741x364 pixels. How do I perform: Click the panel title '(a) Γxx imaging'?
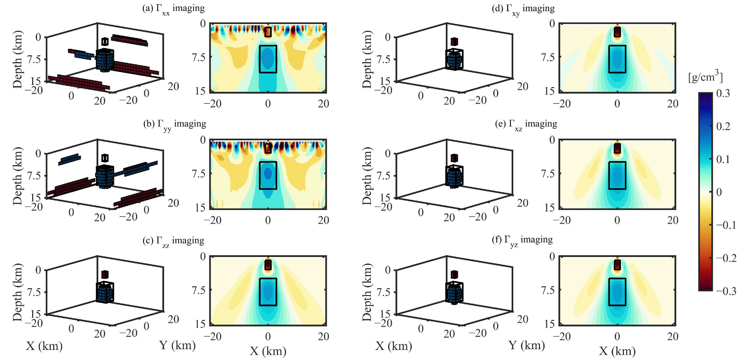[173, 9]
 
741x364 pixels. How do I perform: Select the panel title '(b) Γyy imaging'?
[175, 124]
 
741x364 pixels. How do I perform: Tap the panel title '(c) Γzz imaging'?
[173, 241]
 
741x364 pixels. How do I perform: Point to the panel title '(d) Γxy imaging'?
[523, 9]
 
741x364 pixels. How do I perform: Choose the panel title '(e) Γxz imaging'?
[526, 124]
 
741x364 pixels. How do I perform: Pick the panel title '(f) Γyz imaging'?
[522, 240]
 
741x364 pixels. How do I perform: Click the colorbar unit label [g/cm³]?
[705, 77]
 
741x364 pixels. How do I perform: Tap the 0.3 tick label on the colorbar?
[723, 94]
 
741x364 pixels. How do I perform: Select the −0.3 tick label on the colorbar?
[726, 291]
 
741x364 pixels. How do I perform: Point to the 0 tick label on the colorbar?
[719, 192]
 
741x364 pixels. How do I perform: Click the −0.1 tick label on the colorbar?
[726, 225]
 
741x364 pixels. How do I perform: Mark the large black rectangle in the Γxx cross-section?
[268, 59]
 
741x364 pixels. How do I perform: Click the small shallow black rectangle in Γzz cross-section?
[268, 265]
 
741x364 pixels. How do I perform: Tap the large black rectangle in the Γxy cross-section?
[617, 59]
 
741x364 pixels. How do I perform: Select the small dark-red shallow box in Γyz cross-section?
[617, 265]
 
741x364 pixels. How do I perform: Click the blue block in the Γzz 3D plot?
[105, 292]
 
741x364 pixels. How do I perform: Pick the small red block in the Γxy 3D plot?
[454, 42]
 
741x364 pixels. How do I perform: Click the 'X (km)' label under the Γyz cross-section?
[617, 351]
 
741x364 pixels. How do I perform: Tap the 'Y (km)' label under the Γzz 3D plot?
[177, 346]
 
